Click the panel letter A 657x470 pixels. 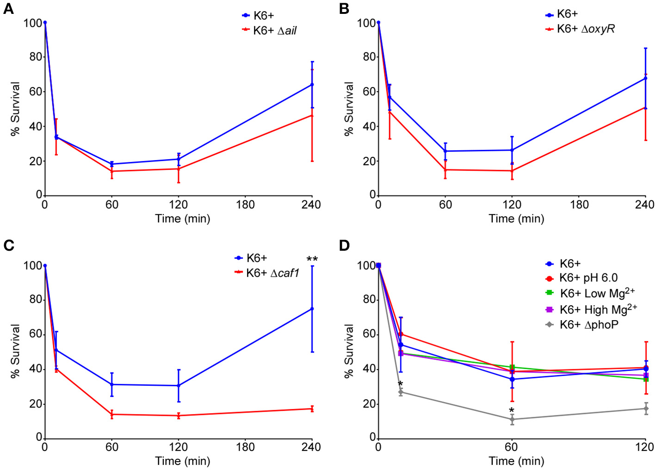click(8, 9)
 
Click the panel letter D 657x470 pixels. click(344, 245)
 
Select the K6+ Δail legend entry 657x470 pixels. click(269, 31)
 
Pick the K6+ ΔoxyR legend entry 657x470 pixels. click(580, 29)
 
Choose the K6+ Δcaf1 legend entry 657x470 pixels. click(267, 273)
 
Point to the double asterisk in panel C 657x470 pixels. click(312, 259)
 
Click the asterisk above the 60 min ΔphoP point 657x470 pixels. click(512, 411)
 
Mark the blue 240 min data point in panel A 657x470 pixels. click(312, 85)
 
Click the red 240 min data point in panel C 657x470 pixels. click(312, 409)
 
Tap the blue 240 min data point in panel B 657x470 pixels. click(645, 79)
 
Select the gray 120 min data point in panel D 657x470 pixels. click(645, 408)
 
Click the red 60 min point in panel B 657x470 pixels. click(446, 170)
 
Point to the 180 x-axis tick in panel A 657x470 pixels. click(245, 204)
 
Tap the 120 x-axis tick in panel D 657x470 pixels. click(645, 447)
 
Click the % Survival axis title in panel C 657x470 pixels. click(15, 351)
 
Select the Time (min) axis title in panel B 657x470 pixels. click(516, 219)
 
